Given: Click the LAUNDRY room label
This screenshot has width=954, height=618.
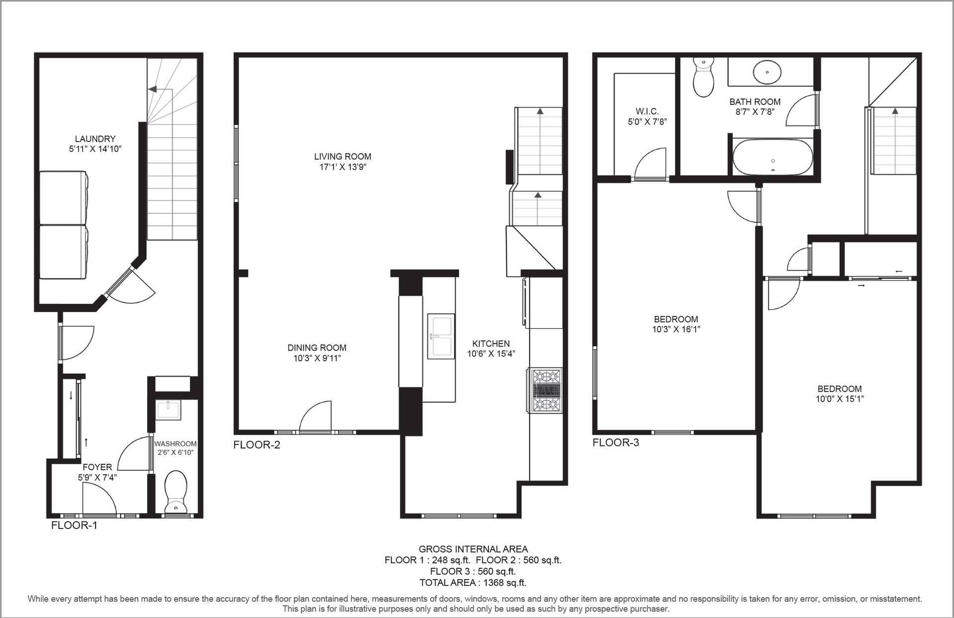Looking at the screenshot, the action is tap(95, 139).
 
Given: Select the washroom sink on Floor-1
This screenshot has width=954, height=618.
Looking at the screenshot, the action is tap(168, 411).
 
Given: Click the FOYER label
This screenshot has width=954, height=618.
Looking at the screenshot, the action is tap(97, 467).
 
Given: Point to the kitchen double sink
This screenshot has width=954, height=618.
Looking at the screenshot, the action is tap(441, 336).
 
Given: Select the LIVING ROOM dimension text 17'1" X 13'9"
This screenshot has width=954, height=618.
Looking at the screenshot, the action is tap(343, 167).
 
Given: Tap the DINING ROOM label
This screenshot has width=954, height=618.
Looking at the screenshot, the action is tap(317, 348).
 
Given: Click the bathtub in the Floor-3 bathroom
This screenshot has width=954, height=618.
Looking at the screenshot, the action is tap(773, 157).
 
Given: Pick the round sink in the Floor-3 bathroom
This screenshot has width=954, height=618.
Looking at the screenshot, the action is tap(768, 72).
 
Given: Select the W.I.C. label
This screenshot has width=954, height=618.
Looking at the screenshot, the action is tap(647, 111).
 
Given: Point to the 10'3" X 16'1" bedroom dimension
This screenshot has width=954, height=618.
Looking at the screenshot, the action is tap(676, 329).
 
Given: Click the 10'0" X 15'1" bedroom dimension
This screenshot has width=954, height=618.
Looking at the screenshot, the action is tap(840, 399).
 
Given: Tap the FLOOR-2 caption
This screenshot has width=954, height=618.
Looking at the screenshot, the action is tap(257, 444).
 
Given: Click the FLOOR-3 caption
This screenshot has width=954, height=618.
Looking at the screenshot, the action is tap(616, 442).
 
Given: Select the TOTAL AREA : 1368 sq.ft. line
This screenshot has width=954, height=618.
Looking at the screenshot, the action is tap(473, 583).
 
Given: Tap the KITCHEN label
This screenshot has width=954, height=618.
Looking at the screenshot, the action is tap(491, 344).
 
